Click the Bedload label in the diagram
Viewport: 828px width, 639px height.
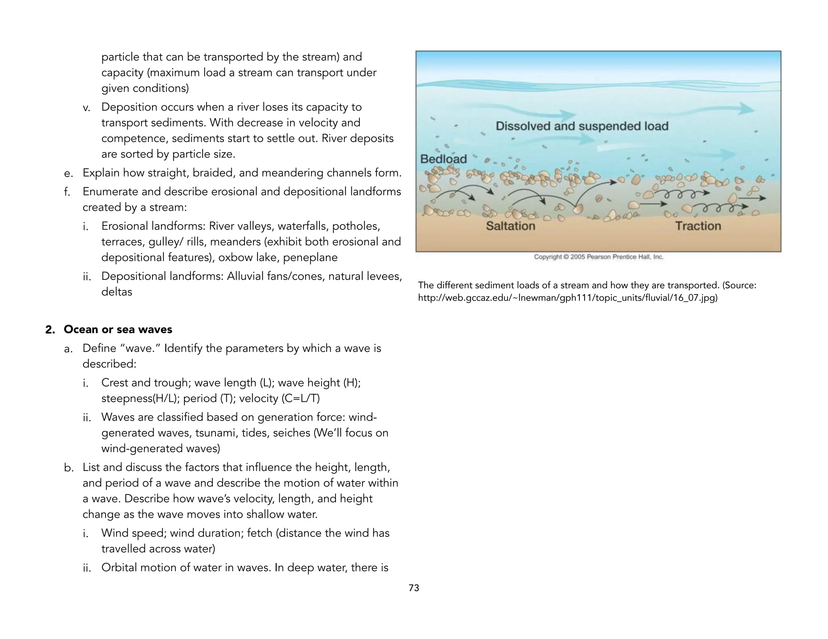click(x=443, y=159)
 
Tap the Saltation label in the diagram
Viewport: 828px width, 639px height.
click(x=510, y=226)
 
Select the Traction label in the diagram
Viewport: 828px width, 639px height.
click(x=698, y=226)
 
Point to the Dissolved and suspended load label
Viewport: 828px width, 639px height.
click(x=582, y=126)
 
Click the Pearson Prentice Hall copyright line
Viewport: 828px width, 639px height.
click(x=598, y=257)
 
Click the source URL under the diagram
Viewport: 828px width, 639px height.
click(x=568, y=298)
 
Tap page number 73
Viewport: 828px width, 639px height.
click(x=414, y=588)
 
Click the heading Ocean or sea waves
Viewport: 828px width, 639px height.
click(x=118, y=330)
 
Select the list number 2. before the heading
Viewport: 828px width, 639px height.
click(x=50, y=330)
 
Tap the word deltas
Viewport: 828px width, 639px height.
click(x=116, y=292)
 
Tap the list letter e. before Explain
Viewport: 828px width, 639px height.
click(x=68, y=173)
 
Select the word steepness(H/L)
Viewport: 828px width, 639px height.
click(x=139, y=399)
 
